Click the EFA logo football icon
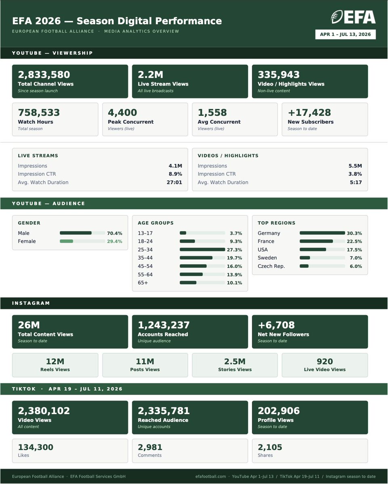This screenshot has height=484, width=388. point(337,17)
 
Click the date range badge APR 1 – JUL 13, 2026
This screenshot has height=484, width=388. point(345,34)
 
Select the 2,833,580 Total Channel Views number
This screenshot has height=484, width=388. point(44,75)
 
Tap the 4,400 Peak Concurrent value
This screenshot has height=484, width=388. point(122,113)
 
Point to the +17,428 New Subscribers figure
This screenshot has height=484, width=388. point(309,113)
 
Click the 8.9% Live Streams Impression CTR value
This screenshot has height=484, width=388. point(175,174)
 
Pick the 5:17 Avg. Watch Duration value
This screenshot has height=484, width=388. point(356,182)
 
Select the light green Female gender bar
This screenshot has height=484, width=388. point(67,241)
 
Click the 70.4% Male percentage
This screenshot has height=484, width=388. point(114,233)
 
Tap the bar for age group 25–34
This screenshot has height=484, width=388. point(202,249)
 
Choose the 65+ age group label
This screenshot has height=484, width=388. point(143,283)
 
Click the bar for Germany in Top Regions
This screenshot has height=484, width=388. point(322,233)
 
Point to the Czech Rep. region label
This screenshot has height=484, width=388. point(271,266)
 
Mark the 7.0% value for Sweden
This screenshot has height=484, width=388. point(356,258)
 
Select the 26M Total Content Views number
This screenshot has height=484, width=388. point(29,325)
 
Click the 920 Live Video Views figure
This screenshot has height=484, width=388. point(325,361)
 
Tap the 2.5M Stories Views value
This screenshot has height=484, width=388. point(235,361)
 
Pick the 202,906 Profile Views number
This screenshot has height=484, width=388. point(279,411)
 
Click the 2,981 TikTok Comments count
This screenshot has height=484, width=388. point(150,447)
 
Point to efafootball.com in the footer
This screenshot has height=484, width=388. point(210,476)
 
